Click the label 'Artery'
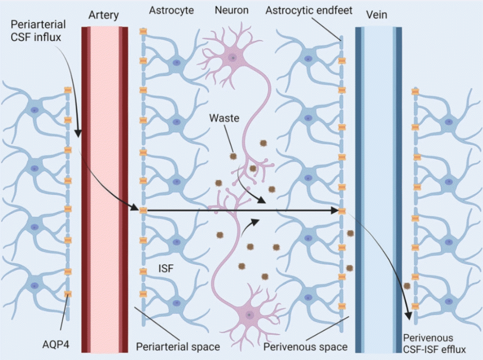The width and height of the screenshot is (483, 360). [x=103, y=15]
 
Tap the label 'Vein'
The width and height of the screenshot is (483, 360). [x=376, y=15]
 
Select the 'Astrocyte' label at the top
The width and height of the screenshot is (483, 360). [x=171, y=11]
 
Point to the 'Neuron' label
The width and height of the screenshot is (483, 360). [x=232, y=10]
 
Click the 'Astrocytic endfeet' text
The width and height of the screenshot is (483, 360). [x=309, y=11]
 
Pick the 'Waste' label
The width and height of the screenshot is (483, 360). [x=224, y=118]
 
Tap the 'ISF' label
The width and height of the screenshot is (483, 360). [x=166, y=268]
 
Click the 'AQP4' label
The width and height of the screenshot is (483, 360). [x=56, y=344]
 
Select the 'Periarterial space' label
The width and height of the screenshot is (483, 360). [x=178, y=347]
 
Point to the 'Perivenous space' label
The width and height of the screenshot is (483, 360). [x=305, y=347]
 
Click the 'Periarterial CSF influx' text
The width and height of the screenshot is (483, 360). [x=38, y=31]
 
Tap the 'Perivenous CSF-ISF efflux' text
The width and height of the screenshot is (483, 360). [x=434, y=344]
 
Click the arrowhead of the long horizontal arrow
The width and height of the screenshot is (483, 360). [x=334, y=211]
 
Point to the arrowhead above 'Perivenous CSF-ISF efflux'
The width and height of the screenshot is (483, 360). [x=408, y=316]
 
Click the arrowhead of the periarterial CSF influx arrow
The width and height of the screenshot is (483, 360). [x=78, y=133]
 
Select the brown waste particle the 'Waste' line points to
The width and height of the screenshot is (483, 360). [x=233, y=156]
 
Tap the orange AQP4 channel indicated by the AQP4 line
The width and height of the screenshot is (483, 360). [x=67, y=294]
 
